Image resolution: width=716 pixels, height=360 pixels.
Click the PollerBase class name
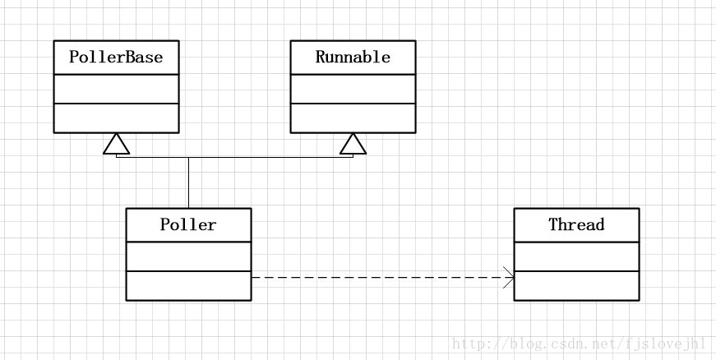coord(116,58)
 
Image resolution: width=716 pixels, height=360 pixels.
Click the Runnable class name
coord(353,58)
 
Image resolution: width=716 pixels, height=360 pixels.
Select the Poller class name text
coord(188,225)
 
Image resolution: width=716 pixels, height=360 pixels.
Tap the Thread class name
coord(576,225)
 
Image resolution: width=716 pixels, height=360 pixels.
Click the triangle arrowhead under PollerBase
coord(116,145)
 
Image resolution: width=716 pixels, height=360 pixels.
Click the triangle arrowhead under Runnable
coord(353,145)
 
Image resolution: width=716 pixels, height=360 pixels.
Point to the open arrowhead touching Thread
coord(508,278)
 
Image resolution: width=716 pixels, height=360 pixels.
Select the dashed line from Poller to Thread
coord(378,278)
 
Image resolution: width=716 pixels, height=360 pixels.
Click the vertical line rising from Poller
coord(188,182)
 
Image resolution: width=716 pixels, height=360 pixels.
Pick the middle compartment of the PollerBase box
coord(116,89)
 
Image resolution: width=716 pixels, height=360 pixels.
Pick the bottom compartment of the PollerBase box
coord(116,118)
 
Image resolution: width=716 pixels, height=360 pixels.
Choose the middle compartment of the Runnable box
coord(353,89)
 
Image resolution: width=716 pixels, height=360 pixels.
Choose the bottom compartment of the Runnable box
coord(353,118)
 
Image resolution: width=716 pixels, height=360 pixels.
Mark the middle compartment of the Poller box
coord(188,256)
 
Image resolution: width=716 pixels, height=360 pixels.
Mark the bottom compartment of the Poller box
coord(188,285)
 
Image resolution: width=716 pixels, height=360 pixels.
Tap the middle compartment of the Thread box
coord(576,256)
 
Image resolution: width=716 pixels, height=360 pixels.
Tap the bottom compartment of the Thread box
coord(576,285)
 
